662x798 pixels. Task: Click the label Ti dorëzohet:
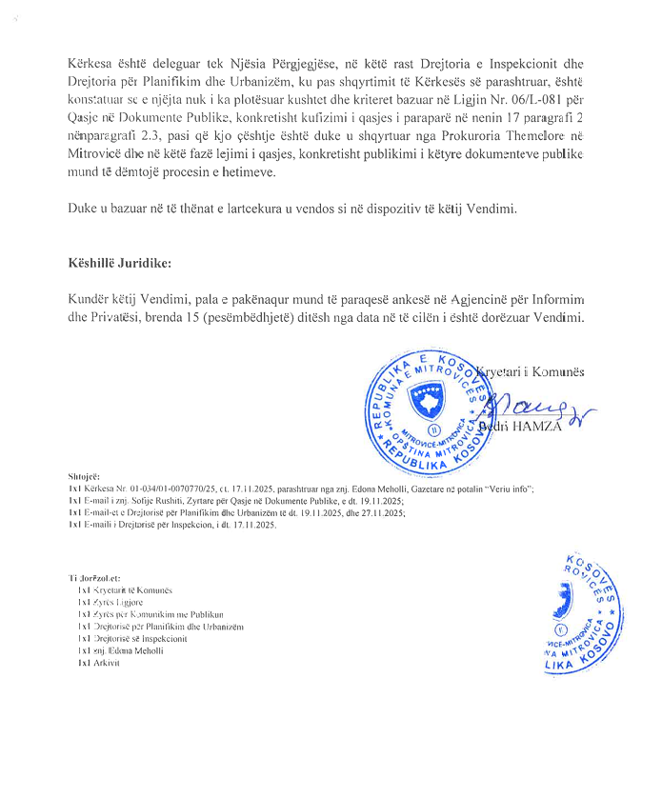pos(94,577)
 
